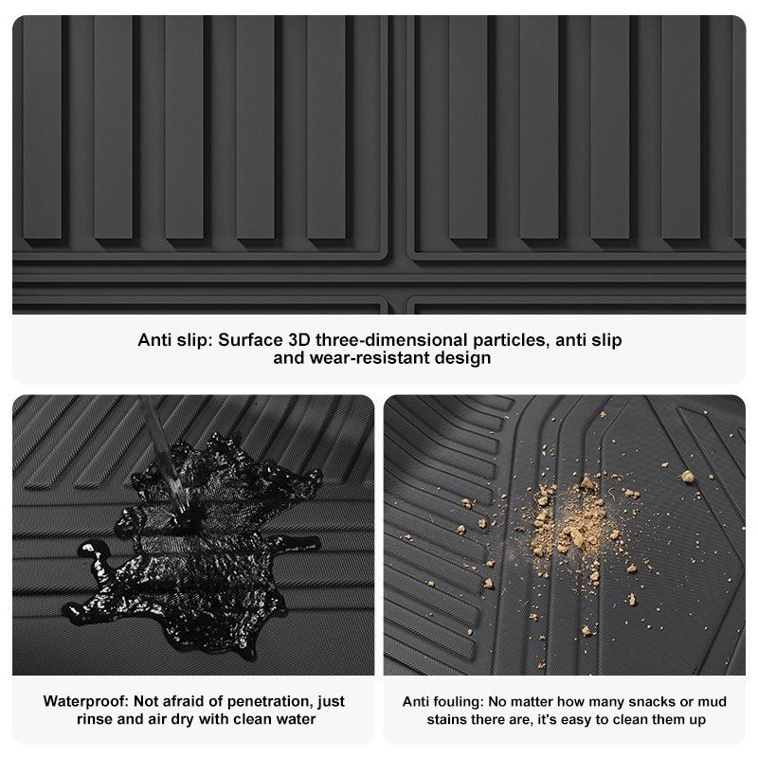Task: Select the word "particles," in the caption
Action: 513,340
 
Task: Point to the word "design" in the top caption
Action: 460,359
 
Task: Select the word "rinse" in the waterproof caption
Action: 97,720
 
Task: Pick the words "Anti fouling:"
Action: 443,702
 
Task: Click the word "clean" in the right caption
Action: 618,720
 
